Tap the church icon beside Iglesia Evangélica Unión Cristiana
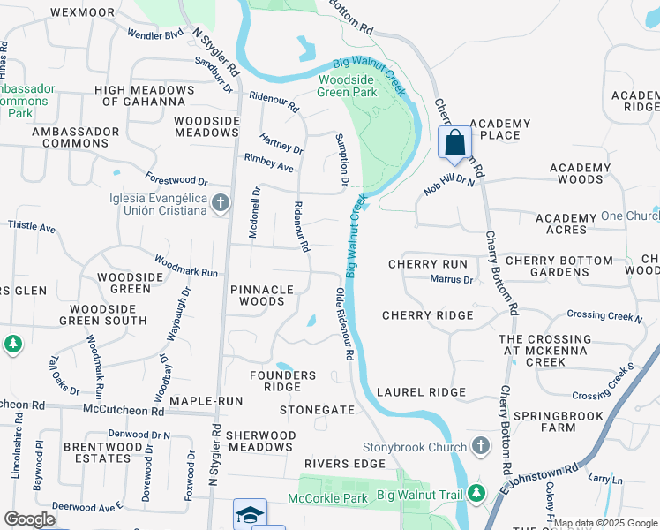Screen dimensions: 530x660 pyautogui.click(x=221, y=205)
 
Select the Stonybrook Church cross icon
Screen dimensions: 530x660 pyautogui.click(x=480, y=445)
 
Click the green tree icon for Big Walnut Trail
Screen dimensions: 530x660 pyautogui.click(x=477, y=492)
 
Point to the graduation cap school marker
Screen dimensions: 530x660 pyautogui.click(x=250, y=515)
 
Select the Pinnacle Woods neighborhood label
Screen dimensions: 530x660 pyautogui.click(x=261, y=295)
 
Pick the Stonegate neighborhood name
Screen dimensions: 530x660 pyautogui.click(x=317, y=410)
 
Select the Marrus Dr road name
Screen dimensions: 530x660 pyautogui.click(x=452, y=280)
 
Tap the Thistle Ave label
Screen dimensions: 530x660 pyautogui.click(x=31, y=227)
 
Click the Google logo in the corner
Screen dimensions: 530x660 pyautogui.click(x=29, y=519)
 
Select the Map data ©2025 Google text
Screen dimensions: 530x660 pyautogui.click(x=605, y=523)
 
